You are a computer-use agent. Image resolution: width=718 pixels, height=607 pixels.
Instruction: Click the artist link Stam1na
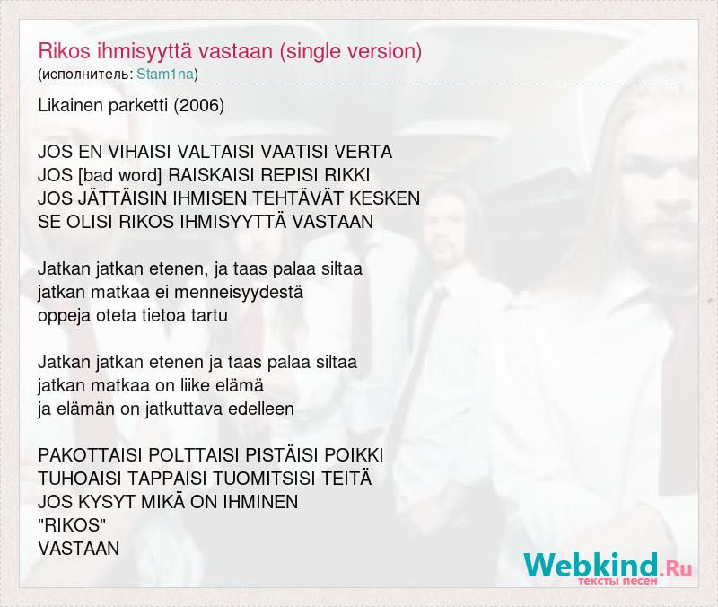pyautogui.click(x=165, y=75)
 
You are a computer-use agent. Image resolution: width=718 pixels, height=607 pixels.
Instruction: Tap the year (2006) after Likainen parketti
pyautogui.click(x=198, y=106)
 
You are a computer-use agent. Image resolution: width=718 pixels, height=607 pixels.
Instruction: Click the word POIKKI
pyautogui.click(x=354, y=456)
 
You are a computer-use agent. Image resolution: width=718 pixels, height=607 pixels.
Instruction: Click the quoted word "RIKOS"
pyautogui.click(x=72, y=525)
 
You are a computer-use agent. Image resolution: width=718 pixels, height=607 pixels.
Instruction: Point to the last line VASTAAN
pyautogui.click(x=79, y=549)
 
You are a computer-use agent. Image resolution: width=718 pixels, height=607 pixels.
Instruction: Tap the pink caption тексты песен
pyautogui.click(x=618, y=581)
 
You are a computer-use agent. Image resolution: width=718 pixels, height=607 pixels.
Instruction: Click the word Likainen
pyautogui.click(x=71, y=106)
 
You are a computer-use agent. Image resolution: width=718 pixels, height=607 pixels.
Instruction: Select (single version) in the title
pyautogui.click(x=350, y=51)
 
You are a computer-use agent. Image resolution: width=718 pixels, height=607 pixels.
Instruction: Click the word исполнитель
pyautogui.click(x=86, y=75)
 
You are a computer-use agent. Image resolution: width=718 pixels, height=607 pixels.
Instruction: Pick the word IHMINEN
pyautogui.click(x=260, y=502)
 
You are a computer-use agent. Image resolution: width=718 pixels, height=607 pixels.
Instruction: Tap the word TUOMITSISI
pyautogui.click(x=264, y=479)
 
